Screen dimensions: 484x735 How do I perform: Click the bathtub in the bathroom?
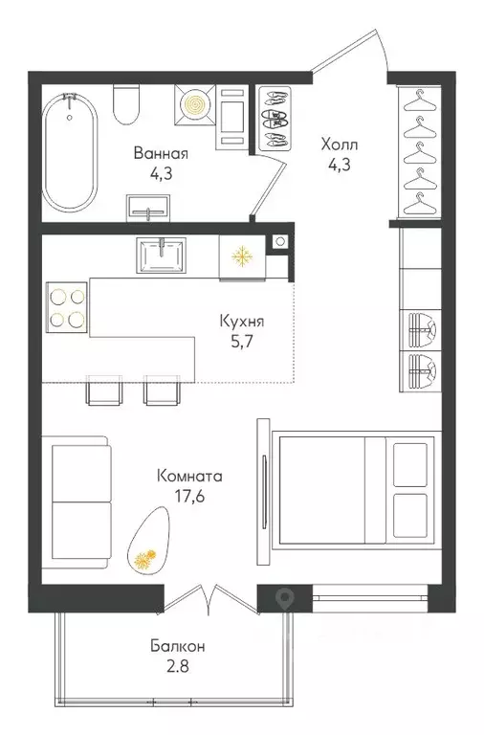click(70, 153)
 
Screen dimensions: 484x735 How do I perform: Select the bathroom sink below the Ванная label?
click(147, 208)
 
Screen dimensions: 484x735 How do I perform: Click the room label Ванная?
click(161, 154)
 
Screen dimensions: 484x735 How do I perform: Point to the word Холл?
click(340, 145)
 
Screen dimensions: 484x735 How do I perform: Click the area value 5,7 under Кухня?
click(242, 342)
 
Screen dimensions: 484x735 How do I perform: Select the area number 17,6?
click(189, 496)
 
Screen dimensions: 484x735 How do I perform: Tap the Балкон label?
click(178, 646)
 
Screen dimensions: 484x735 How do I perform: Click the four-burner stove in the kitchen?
click(67, 307)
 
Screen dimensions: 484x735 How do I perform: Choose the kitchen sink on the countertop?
click(161, 255)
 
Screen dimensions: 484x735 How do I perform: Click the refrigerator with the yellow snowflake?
click(242, 257)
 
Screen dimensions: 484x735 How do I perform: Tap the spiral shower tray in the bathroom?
click(195, 105)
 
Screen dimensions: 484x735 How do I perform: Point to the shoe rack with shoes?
click(274, 118)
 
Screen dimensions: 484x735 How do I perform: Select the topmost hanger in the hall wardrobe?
click(419, 101)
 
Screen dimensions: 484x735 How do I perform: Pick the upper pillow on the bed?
click(410, 464)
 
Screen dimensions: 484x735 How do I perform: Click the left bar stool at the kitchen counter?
click(104, 390)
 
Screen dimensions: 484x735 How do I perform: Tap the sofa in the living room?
click(77, 501)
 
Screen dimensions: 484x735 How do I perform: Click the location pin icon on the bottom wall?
click(285, 597)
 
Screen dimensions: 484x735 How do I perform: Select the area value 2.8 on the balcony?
click(178, 666)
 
